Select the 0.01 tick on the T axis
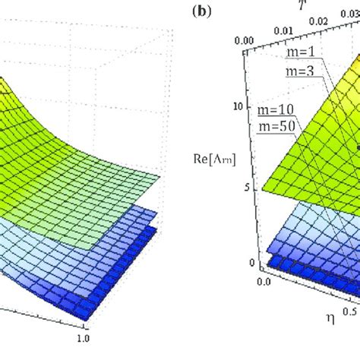(x=282, y=30)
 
